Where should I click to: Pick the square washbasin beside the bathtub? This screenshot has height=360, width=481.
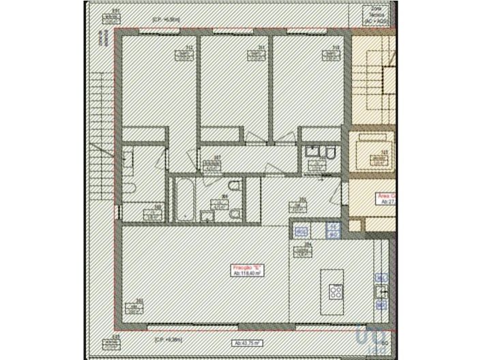click(x=207, y=216)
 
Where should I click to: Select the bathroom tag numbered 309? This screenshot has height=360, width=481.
click(x=225, y=200)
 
